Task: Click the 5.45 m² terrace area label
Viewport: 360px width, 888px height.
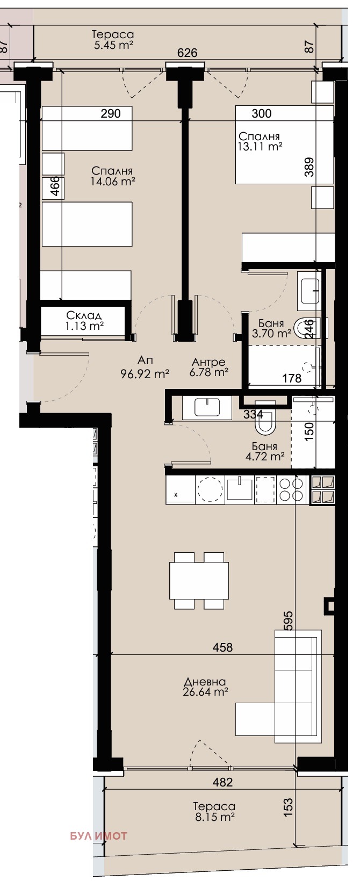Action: point(113,40)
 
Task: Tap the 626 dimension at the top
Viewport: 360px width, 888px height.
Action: point(187,53)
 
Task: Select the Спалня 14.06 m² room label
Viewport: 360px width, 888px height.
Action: point(113,176)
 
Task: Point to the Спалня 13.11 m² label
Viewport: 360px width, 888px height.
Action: point(260,141)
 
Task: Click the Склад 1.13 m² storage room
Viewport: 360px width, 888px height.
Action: point(84,321)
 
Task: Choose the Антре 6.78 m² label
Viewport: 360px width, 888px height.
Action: point(208,367)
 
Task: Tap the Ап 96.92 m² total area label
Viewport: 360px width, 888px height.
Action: point(145,367)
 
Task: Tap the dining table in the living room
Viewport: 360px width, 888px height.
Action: point(199,581)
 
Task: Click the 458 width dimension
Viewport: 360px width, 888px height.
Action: point(222,647)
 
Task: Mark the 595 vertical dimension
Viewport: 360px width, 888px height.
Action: point(288,621)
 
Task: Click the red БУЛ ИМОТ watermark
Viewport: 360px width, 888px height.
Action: point(99,836)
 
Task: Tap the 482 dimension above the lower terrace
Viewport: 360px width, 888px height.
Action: point(222,782)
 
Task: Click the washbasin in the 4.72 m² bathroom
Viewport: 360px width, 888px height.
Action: point(207,408)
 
